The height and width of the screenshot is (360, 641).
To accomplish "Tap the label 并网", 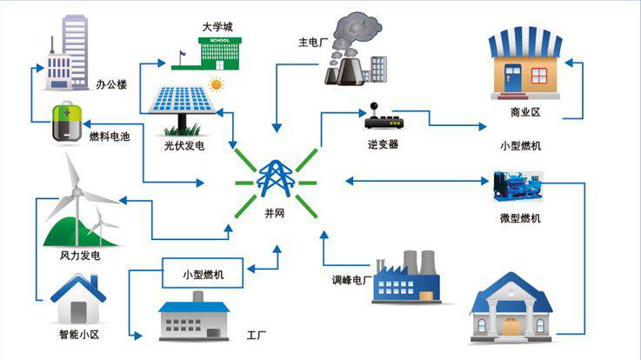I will click(275, 213).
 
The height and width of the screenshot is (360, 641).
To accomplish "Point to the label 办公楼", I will click(111, 84).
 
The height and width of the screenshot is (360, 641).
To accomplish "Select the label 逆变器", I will click(382, 144).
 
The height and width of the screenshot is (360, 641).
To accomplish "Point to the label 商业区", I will click(525, 113).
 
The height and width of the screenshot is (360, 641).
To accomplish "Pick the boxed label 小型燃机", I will click(202, 275).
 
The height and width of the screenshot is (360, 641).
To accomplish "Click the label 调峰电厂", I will click(351, 280).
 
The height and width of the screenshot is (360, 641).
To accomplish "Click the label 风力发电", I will click(80, 256).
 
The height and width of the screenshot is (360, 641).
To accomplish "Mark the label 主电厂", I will click(311, 42).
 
